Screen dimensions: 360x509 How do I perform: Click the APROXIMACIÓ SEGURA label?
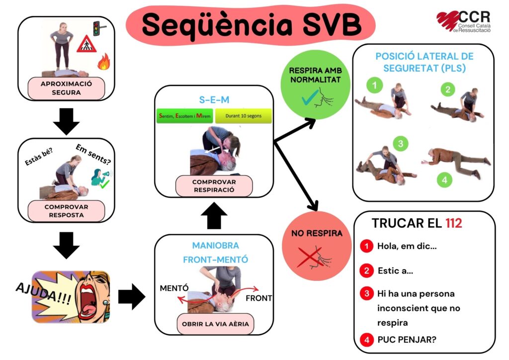click(x=67, y=88)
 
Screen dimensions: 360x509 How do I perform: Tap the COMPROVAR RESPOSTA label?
click(x=67, y=211)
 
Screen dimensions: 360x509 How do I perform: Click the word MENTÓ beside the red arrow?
click(x=174, y=288)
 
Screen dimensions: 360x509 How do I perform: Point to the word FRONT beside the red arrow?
click(x=258, y=298)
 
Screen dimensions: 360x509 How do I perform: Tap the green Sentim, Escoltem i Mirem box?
click(x=183, y=116)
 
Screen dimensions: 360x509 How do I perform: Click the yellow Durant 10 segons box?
click(x=244, y=116)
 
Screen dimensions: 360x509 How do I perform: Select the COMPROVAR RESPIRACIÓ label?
click(x=214, y=185)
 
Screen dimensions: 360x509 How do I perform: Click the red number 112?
click(x=453, y=223)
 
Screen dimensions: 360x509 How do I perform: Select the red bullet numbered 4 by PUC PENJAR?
click(x=366, y=341)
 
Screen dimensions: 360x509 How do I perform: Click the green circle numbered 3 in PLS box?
click(x=400, y=144)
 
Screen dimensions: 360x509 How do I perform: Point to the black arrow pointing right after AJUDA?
click(x=131, y=297)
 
